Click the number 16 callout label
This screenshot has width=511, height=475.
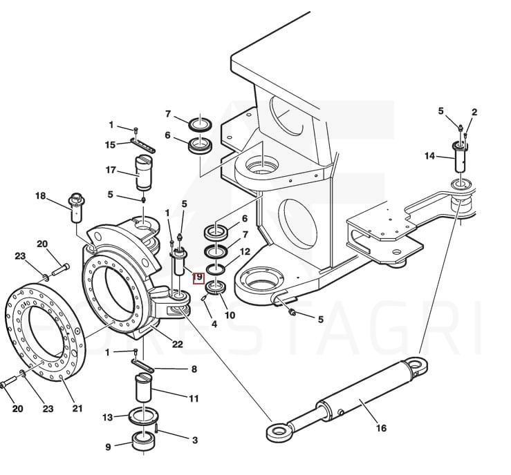pyautogui.click(x=381, y=428)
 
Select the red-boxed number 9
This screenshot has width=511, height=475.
pyautogui.click(x=198, y=278)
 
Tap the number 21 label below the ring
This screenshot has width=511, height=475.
pyautogui.click(x=77, y=409)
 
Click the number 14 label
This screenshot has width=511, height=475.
pyautogui.click(x=429, y=157)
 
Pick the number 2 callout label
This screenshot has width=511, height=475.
pyautogui.click(x=474, y=112)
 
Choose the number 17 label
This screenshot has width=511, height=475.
pyautogui.click(x=111, y=169)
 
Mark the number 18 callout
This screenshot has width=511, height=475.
pyautogui.click(x=40, y=196)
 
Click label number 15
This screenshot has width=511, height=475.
pyautogui.click(x=110, y=144)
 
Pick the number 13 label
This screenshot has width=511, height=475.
pyautogui.click(x=107, y=418)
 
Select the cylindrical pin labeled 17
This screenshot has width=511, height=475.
pyautogui.click(x=145, y=173)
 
